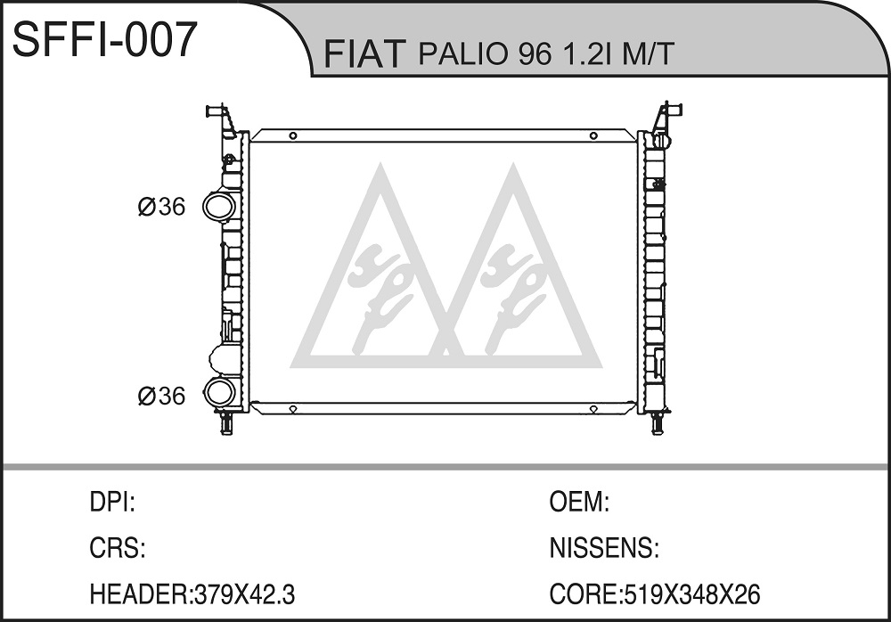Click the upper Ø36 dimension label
coord(161,207)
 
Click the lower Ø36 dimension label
coord(161,396)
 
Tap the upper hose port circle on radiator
coord(219,207)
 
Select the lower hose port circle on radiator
coord(219,392)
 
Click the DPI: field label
coord(112,503)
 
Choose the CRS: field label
coord(118,548)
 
